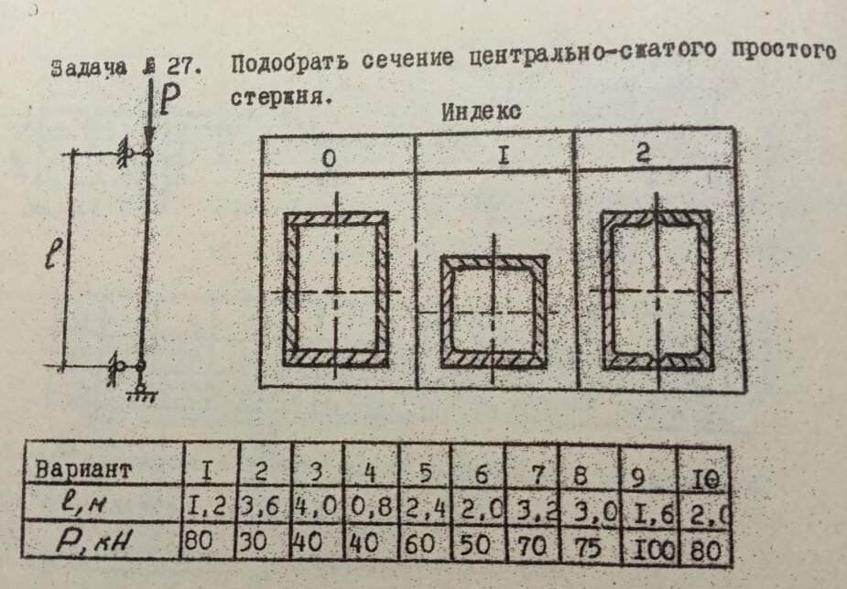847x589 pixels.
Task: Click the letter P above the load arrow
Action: tap(170, 100)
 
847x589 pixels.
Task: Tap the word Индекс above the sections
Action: tap(481, 114)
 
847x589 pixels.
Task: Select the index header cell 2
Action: tap(644, 153)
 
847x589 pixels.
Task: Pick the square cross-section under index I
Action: tap(494, 310)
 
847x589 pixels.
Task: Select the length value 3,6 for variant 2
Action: tap(265, 504)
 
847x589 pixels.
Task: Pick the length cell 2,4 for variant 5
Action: tap(419, 506)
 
